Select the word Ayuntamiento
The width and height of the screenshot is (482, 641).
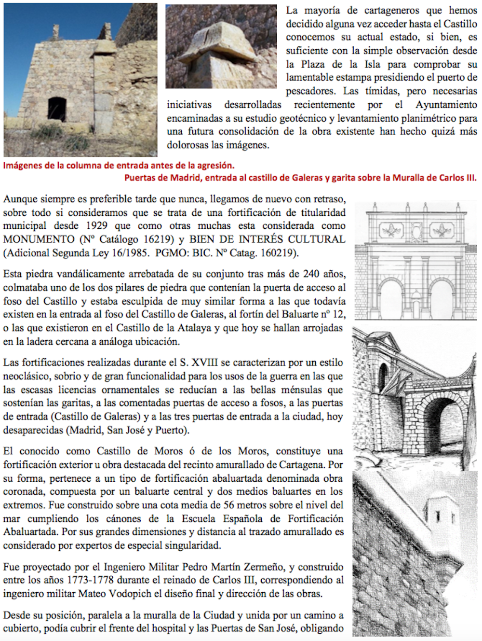(x=446, y=105)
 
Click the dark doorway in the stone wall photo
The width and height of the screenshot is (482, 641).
(x=57, y=109)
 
